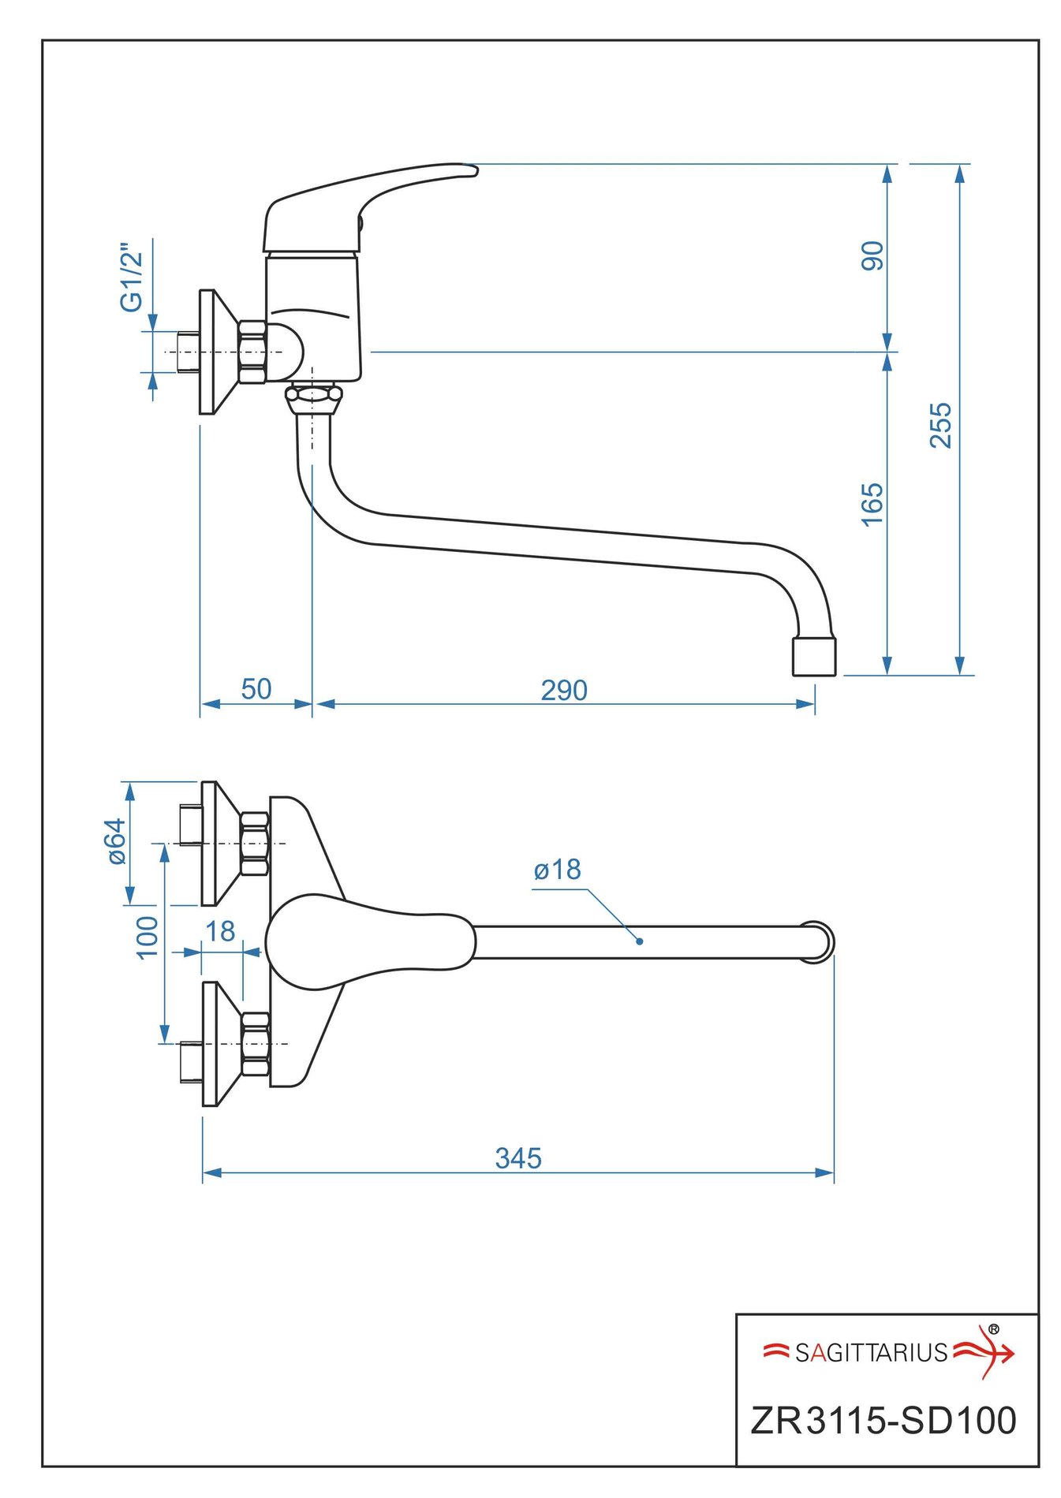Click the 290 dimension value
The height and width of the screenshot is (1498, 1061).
[x=563, y=690]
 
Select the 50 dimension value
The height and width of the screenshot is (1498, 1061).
[x=256, y=689]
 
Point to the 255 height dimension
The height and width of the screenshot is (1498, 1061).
[x=940, y=425]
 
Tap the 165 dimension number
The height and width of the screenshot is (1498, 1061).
[x=872, y=505]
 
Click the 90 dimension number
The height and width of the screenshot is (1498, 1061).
[x=872, y=255]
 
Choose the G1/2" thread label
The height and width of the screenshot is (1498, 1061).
[x=132, y=277]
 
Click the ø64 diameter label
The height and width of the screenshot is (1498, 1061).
[x=117, y=840]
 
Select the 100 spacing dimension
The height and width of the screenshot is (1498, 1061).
[x=148, y=937]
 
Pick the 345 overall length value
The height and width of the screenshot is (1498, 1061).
[x=518, y=1158]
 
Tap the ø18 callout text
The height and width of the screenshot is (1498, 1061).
[x=557, y=870]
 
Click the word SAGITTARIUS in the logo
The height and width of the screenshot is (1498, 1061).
[x=871, y=1353]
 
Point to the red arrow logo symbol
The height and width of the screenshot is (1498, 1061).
[x=986, y=1351]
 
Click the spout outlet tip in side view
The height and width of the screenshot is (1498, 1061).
[x=813, y=657]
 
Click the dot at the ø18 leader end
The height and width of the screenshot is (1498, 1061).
[x=639, y=941]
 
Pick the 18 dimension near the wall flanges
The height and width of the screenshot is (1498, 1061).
[x=220, y=931]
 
